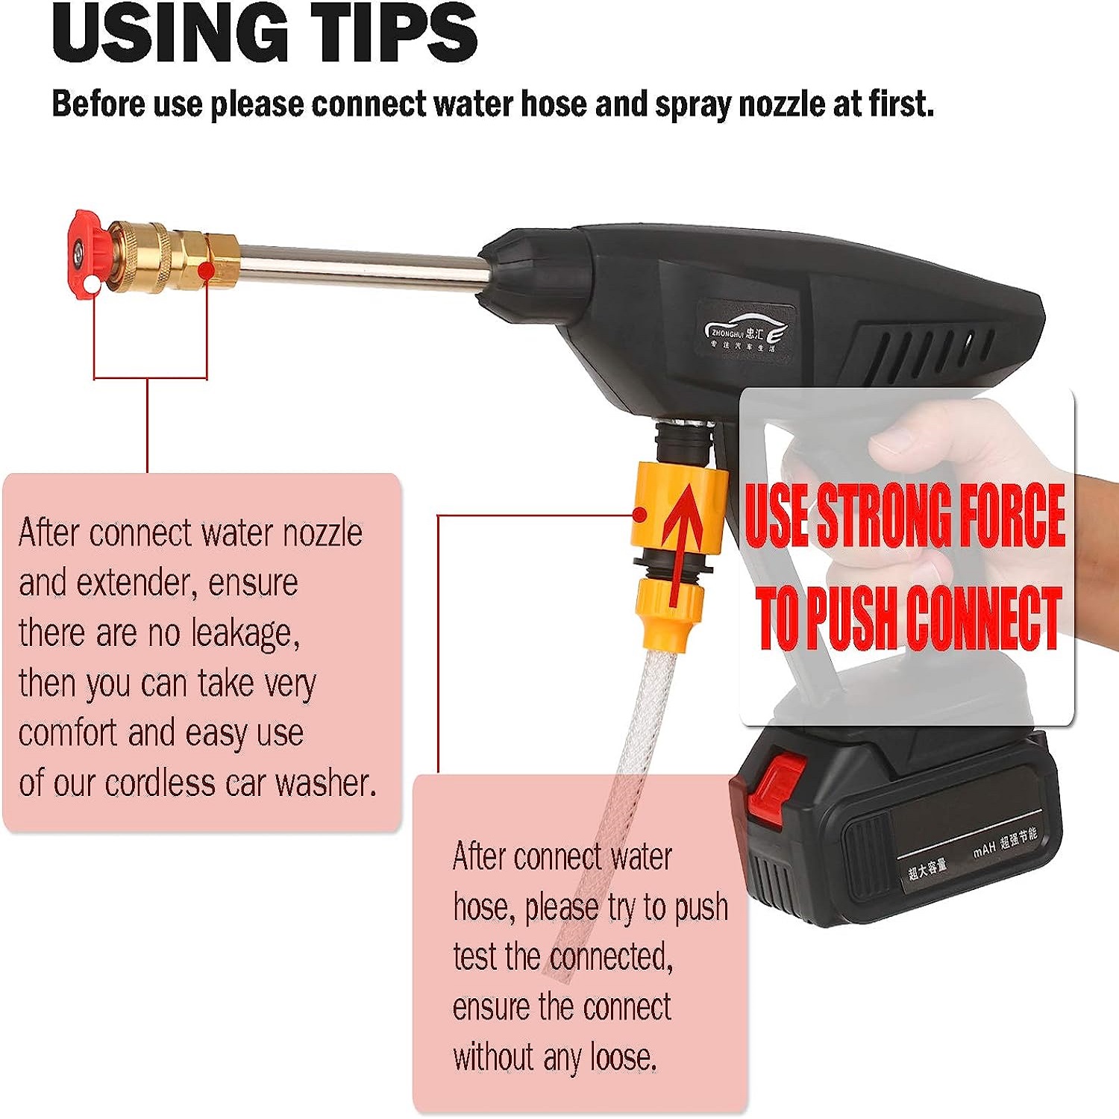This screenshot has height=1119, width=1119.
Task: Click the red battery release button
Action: (x=780, y=791)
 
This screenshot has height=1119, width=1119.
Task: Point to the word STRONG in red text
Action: (x=885, y=515)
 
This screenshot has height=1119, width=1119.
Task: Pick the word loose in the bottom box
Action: (x=624, y=1057)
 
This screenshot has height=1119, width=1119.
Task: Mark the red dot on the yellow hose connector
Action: (x=639, y=515)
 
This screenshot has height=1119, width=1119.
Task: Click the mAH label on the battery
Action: (x=984, y=850)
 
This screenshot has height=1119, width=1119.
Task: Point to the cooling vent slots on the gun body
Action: (x=925, y=351)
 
